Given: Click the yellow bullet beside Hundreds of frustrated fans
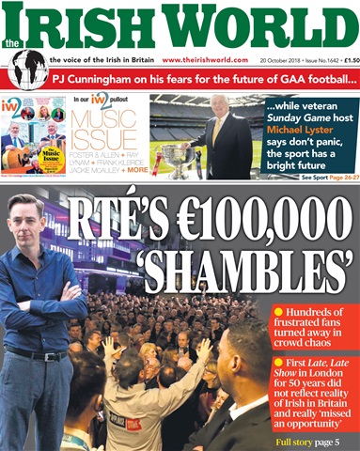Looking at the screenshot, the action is point(278,311).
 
